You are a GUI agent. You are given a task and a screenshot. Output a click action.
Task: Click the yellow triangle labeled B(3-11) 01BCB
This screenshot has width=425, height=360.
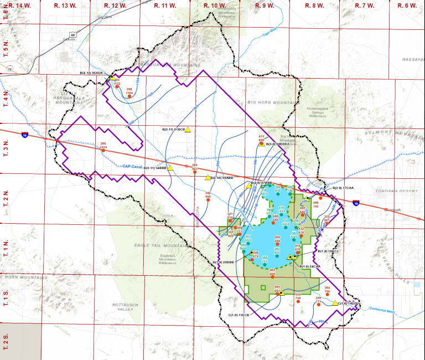pyautogui.click(x=188, y=129)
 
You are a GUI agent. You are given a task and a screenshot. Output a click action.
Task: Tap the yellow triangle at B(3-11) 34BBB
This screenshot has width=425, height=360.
pyautogui.click(x=171, y=167)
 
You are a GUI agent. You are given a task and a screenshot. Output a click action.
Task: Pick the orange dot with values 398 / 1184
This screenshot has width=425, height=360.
pyautogui.click(x=129, y=96)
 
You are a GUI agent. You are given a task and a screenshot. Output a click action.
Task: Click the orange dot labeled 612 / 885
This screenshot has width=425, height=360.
pyautogui.click(x=262, y=143)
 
